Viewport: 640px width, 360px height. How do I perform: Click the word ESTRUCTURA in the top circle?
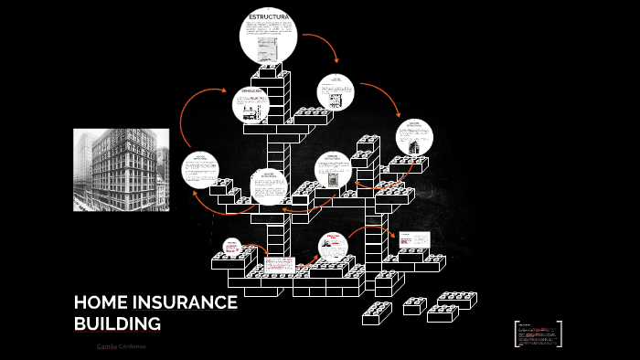[269, 16]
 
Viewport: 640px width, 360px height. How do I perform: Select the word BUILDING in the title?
[116, 323]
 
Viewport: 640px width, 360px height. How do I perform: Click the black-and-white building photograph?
[121, 170]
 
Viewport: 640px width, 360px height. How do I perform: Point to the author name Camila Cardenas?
[121, 346]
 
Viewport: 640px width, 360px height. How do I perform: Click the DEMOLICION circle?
[251, 104]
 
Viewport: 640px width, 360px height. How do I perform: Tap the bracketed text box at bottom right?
[538, 334]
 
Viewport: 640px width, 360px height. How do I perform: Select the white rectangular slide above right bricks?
[413, 239]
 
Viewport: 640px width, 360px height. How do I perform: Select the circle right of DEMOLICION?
[336, 92]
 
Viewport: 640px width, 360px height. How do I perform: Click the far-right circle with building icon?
[414, 137]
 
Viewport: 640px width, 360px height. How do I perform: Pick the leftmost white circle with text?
[200, 170]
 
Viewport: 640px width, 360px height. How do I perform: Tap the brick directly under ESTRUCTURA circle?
[270, 71]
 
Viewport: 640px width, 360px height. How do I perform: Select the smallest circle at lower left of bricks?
[232, 248]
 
